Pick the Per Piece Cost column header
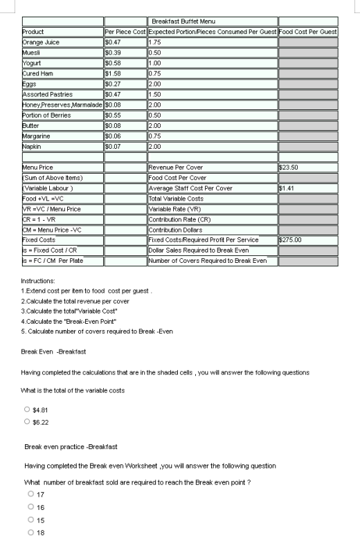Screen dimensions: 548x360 click(125, 32)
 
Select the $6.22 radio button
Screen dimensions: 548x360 click(27, 421)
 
